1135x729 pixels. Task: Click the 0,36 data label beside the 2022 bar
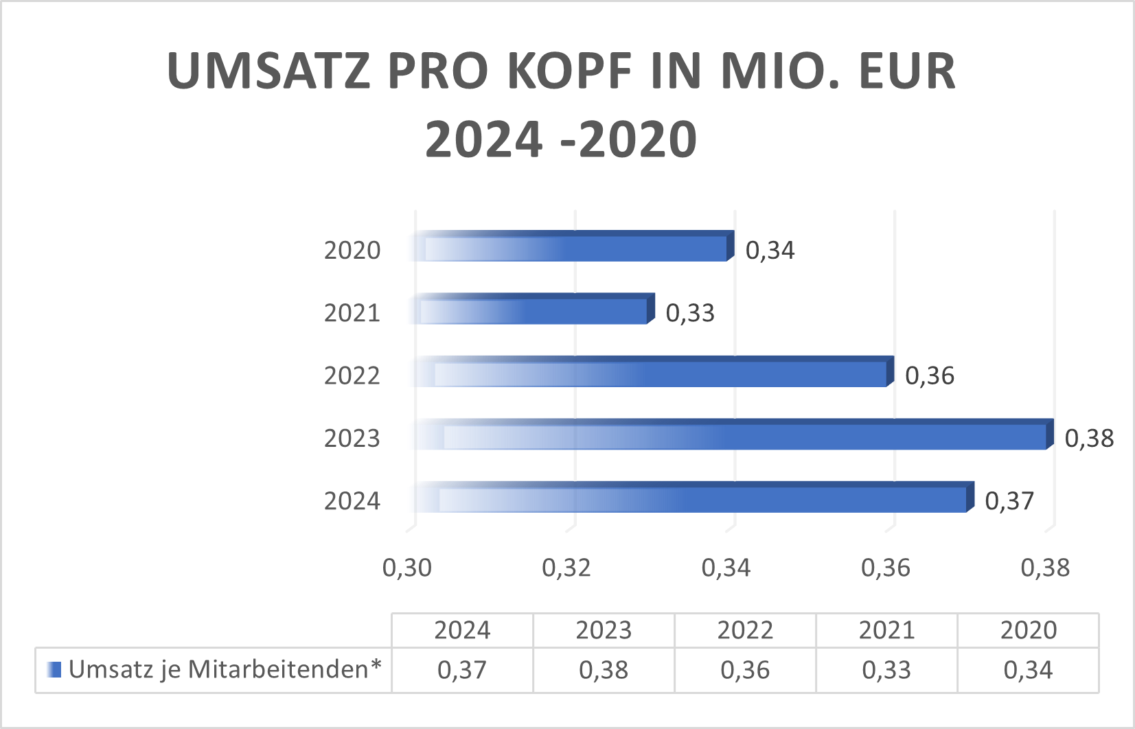click(x=929, y=375)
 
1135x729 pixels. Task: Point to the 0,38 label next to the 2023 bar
click(x=1088, y=438)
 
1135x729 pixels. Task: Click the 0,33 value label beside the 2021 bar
click(x=689, y=313)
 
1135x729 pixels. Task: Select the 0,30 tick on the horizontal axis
click(x=406, y=568)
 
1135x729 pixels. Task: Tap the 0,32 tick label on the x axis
click(x=566, y=568)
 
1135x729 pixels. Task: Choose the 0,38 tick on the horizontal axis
click(x=1044, y=568)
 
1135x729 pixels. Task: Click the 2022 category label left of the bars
click(x=352, y=375)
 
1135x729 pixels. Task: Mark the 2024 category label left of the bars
click(x=352, y=501)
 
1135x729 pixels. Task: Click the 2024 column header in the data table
click(x=462, y=630)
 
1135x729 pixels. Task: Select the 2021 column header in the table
click(x=886, y=630)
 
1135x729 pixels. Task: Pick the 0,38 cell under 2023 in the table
click(x=603, y=670)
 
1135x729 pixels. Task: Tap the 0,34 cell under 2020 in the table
click(x=1027, y=670)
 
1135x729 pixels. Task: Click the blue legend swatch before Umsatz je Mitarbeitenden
click(x=54, y=669)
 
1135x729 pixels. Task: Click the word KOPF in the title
click(x=569, y=71)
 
